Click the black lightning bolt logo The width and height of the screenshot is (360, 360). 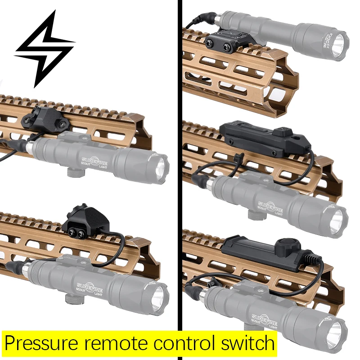(x=44, y=49)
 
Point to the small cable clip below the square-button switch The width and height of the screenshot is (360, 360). (x=239, y=157)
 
